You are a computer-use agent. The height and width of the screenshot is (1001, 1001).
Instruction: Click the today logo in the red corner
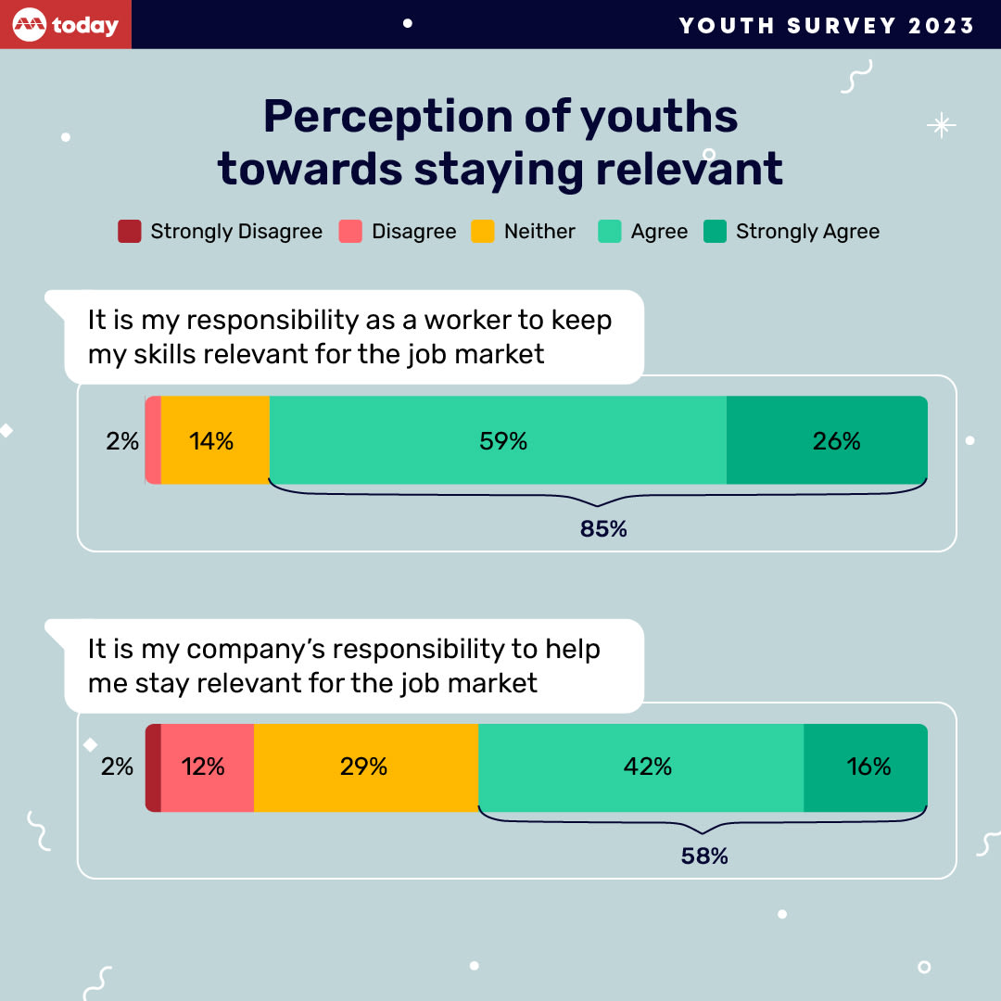66,25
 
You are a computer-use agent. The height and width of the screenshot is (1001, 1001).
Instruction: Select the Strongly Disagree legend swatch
130,232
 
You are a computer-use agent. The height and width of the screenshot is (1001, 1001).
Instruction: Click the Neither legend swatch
482,232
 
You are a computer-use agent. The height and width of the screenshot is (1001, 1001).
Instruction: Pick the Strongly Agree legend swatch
715,232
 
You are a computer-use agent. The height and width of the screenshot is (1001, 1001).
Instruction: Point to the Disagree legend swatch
349,232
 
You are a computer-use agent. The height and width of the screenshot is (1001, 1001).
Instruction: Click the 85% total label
603,529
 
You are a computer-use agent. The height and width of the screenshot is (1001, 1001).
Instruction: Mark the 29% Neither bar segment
366,767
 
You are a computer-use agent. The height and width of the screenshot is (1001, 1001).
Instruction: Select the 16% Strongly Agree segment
866,767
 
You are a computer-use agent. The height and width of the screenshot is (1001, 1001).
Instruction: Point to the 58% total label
704,856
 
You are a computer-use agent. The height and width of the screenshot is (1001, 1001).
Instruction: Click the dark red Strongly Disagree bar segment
153,767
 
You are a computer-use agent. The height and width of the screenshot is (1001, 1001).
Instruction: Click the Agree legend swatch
609,232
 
